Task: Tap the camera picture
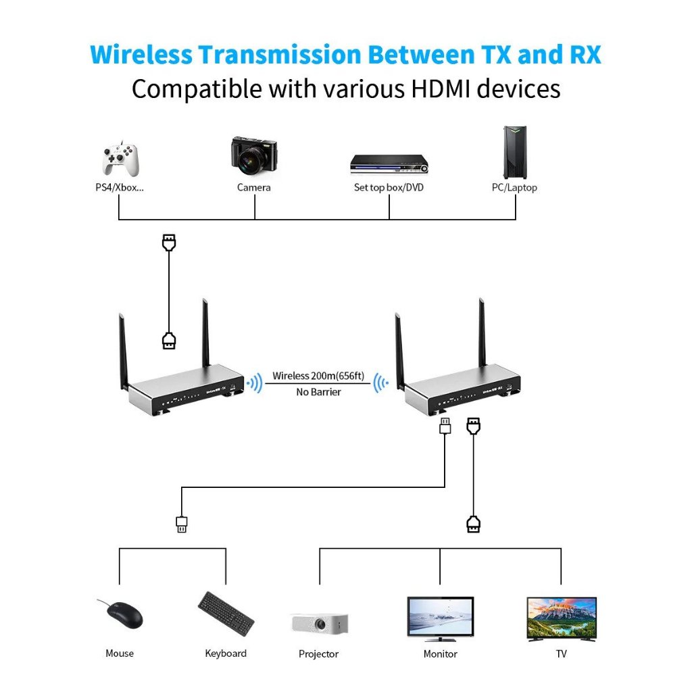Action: [254, 156]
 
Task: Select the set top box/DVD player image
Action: [389, 164]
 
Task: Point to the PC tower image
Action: [515, 152]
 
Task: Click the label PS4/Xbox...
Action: [120, 187]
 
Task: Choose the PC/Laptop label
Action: [514, 188]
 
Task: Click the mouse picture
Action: [122, 614]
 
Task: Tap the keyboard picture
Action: [226, 614]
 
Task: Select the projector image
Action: [320, 624]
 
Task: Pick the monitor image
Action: [441, 619]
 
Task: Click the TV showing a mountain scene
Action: [562, 619]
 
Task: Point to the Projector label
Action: [319, 653]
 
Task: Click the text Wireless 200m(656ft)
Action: [318, 376]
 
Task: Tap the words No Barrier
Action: [319, 392]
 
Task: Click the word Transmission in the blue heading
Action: [279, 55]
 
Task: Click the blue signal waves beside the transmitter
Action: [255, 383]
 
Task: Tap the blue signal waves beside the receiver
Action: [381, 383]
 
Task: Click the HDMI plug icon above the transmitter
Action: [169, 243]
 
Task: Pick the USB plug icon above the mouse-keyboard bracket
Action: [181, 524]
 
